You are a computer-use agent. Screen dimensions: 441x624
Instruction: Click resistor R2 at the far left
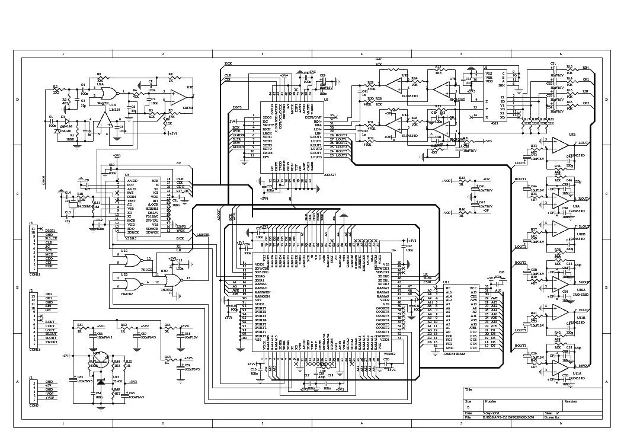pos(56,91)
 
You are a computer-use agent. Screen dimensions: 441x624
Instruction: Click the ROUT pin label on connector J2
pos(50,322)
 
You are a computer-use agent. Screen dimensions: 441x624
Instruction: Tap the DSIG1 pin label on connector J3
pos(50,230)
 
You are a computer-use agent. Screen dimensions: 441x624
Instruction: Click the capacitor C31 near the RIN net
pos(555,66)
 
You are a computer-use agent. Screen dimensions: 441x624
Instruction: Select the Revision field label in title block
pos(571,401)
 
